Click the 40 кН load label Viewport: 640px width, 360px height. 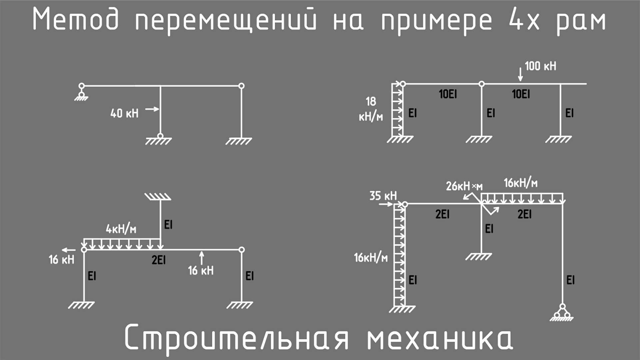124,113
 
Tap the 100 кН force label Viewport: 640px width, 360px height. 540,66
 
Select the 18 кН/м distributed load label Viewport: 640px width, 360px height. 371,109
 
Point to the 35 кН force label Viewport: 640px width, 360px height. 383,196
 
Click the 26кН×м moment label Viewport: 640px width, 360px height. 464,186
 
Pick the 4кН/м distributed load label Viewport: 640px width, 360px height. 121,229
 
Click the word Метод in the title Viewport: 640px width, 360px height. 75,19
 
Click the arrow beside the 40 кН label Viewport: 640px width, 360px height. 152,109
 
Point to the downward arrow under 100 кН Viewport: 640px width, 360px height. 520,74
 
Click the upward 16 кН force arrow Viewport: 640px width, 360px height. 202,258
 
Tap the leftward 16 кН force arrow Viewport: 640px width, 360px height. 69,250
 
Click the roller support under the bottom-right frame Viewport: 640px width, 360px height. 562,313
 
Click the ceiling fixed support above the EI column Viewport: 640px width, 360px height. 158,197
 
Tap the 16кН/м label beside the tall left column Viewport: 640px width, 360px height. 370,258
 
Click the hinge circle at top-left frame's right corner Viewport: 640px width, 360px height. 242,86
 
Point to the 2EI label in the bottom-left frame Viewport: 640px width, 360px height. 159,260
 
